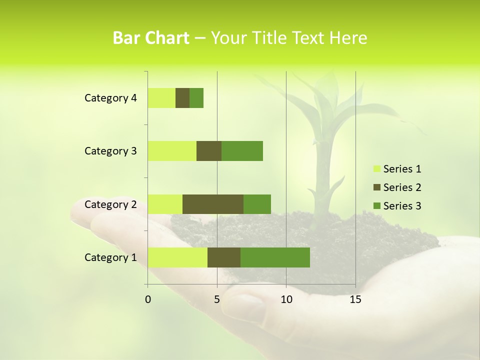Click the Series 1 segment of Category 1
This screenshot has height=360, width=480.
click(177, 257)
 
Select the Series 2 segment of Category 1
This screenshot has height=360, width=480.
click(224, 257)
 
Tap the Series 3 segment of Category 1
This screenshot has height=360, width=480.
click(275, 257)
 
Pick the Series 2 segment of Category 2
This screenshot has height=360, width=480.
click(213, 204)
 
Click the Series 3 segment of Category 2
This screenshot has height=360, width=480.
click(257, 204)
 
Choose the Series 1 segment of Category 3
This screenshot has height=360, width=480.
click(172, 151)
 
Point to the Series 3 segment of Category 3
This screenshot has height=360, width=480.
click(242, 151)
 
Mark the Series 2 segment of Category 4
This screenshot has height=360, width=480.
click(182, 98)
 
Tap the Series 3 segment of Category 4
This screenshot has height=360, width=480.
click(196, 98)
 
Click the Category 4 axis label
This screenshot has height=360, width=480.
click(110, 98)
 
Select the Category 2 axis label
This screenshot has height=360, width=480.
click(110, 204)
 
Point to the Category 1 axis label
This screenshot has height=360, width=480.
click(110, 257)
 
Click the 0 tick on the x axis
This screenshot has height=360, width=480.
click(148, 299)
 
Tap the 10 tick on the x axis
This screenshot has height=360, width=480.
click(286, 299)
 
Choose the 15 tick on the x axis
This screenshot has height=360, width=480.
click(355, 299)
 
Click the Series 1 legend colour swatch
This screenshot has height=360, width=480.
click(376, 169)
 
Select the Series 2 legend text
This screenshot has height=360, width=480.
click(402, 187)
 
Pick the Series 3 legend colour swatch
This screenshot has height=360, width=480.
click(376, 206)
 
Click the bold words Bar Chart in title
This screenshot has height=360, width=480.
click(151, 38)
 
